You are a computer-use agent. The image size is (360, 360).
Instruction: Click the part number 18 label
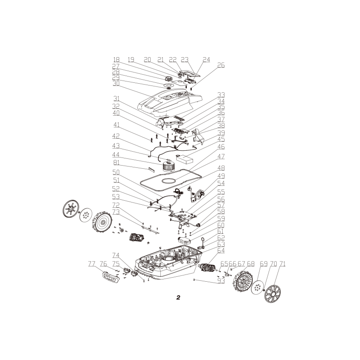coord(116,59)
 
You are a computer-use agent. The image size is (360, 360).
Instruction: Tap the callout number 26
coord(220,65)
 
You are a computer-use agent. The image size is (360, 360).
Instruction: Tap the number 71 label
coord(282,264)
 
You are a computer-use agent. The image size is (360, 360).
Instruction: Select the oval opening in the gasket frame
coord(169,181)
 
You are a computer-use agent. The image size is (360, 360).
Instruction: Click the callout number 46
coord(220,147)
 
